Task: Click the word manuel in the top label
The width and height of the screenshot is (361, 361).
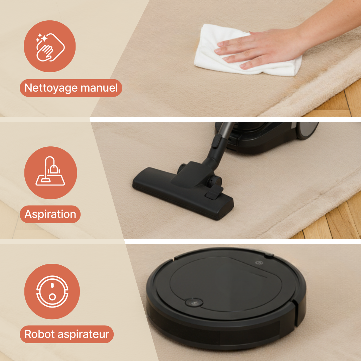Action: click(x=99, y=88)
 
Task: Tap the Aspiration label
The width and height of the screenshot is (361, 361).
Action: click(x=50, y=214)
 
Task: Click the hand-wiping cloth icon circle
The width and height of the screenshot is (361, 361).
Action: click(x=50, y=46)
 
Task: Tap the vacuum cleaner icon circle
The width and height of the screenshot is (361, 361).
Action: click(x=51, y=173)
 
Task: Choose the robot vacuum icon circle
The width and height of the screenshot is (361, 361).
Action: click(x=52, y=291)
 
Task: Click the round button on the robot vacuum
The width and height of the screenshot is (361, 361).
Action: click(x=194, y=302)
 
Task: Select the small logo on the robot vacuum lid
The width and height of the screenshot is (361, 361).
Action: click(x=259, y=263)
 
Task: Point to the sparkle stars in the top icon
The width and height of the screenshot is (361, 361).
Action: click(x=41, y=38)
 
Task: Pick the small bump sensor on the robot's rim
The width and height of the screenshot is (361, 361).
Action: click(x=268, y=255)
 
